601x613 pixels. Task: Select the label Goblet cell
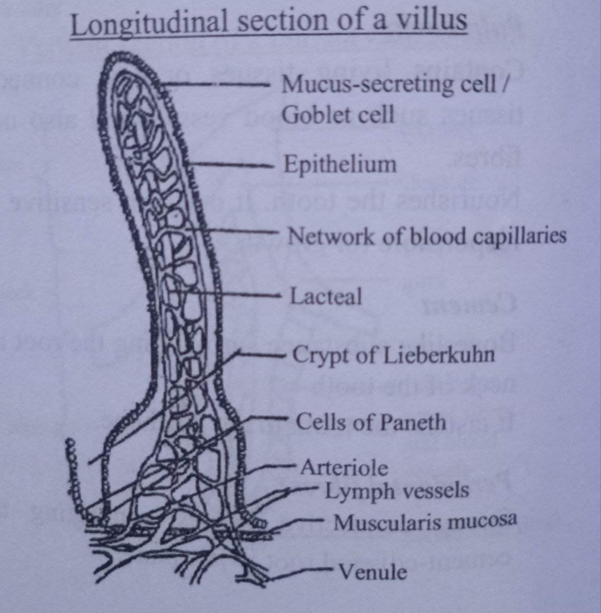pyautogui.click(x=338, y=115)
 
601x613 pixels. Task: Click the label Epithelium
pyautogui.click(x=340, y=164)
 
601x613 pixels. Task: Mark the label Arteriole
pyautogui.click(x=344, y=467)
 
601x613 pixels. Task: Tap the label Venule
pyautogui.click(x=373, y=571)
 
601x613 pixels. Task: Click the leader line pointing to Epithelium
pyautogui.click(x=230, y=166)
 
